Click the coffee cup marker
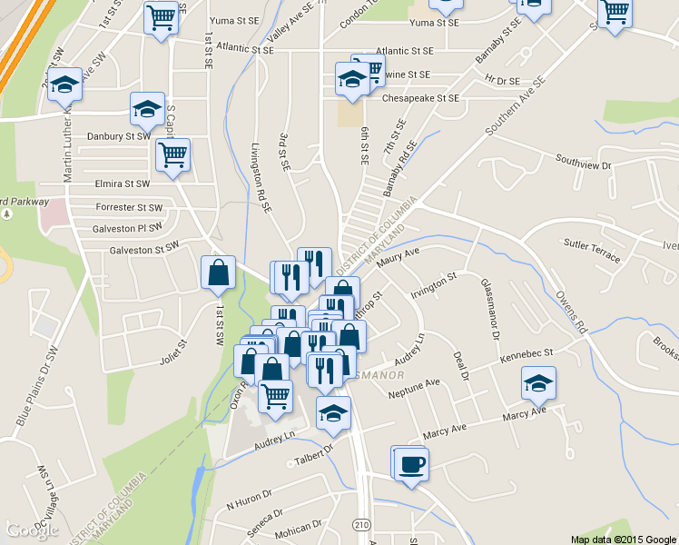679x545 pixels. pyautogui.click(x=410, y=464)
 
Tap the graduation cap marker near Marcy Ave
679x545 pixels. pyautogui.click(x=538, y=385)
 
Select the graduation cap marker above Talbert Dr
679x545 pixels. pyautogui.click(x=333, y=413)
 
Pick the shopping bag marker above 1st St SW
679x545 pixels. pyautogui.click(x=219, y=273)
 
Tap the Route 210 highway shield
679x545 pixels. pyautogui.click(x=362, y=524)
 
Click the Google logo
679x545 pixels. pyautogui.click(x=33, y=530)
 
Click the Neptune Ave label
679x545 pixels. pyautogui.click(x=413, y=387)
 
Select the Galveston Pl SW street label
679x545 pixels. pyautogui.click(x=127, y=228)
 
